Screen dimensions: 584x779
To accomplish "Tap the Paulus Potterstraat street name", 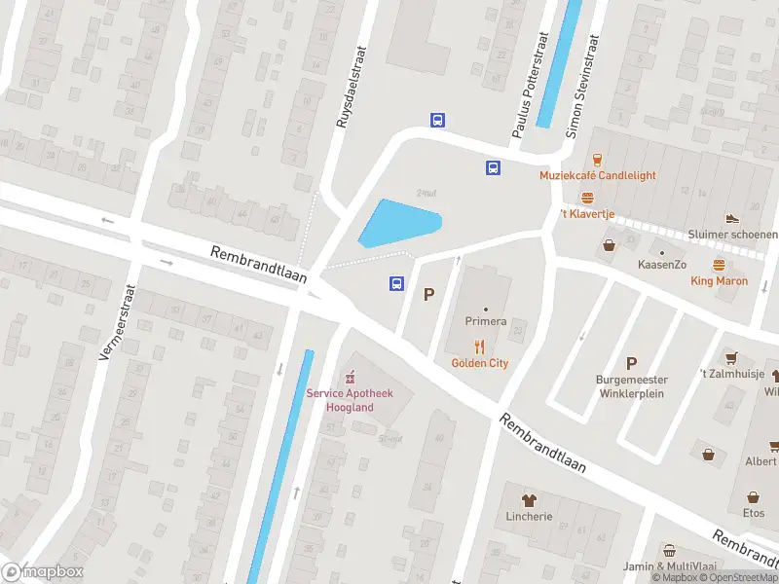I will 531,83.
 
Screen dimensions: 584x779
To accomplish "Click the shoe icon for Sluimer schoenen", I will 732,218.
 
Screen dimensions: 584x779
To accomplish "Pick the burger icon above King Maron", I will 719,265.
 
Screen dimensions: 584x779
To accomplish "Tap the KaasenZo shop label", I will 662,265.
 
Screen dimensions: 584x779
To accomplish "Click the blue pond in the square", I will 399,223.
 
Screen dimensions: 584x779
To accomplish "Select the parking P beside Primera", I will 428,294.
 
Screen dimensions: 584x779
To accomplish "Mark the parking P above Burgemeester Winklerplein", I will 631,361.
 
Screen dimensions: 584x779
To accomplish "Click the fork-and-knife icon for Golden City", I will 479,347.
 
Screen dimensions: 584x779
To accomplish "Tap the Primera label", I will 485,321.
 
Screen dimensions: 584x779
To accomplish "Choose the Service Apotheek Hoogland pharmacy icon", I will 351,377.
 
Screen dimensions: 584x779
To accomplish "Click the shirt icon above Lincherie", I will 529,498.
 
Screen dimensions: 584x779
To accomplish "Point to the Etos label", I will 754,512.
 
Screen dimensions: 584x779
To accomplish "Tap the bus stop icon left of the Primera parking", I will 396,283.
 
